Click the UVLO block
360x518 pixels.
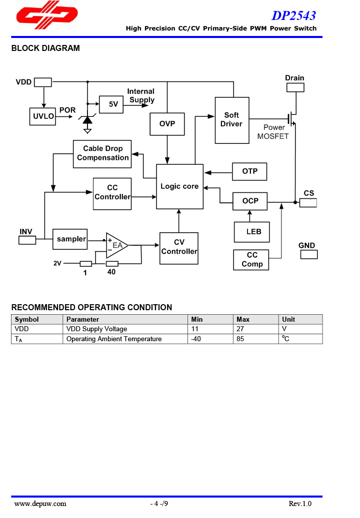pyautogui.click(x=44, y=116)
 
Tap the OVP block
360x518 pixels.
pyautogui.click(x=167, y=124)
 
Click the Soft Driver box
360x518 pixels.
pyautogui.click(x=231, y=120)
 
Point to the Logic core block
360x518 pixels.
pyautogui.click(x=179, y=186)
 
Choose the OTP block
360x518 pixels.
pyautogui.click(x=249, y=171)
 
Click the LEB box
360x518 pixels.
pyautogui.click(x=251, y=232)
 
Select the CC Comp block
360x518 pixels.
pyautogui.click(x=251, y=260)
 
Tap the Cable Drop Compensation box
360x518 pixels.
pyautogui.click(x=102, y=153)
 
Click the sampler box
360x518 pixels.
pyautogui.click(x=70, y=239)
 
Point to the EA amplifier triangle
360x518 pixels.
pyautogui.click(x=116, y=245)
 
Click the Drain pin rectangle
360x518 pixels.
pyautogui.click(x=295, y=87)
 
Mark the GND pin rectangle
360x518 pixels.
pyautogui.click(x=308, y=254)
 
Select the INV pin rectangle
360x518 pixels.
pyautogui.click(x=27, y=240)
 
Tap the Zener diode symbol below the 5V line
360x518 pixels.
pyautogui.click(x=87, y=120)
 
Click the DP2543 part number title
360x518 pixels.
pyautogui.click(x=293, y=15)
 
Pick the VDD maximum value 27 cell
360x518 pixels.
pyautogui.click(x=255, y=329)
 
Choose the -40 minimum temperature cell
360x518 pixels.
pyautogui.click(x=210, y=339)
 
